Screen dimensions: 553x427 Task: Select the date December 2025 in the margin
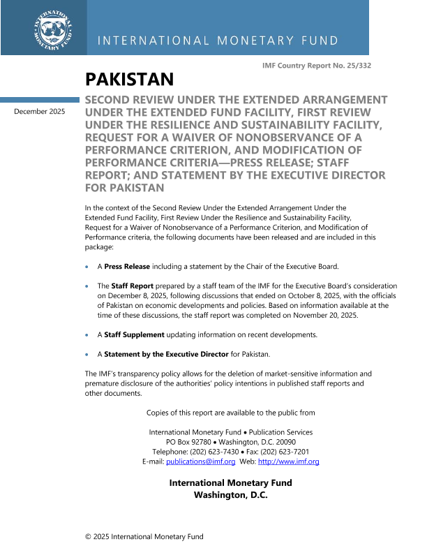coord(39,111)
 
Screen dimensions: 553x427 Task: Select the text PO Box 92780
coord(190,443)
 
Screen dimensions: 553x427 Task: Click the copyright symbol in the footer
coord(88,536)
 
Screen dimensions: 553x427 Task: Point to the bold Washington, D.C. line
coord(230,495)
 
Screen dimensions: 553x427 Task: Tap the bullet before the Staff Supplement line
coord(87,335)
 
